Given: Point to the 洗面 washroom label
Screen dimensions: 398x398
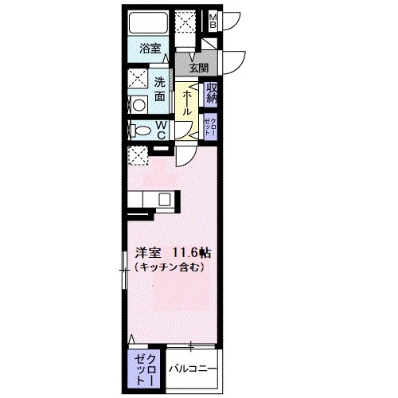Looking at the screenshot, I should coord(159,88).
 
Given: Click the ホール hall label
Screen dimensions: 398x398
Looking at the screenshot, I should coord(186,102).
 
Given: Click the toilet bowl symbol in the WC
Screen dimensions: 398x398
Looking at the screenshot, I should coord(140,131).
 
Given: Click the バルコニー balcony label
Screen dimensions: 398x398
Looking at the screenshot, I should coord(191,368).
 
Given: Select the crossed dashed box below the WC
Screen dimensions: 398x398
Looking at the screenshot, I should coord(137,157).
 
